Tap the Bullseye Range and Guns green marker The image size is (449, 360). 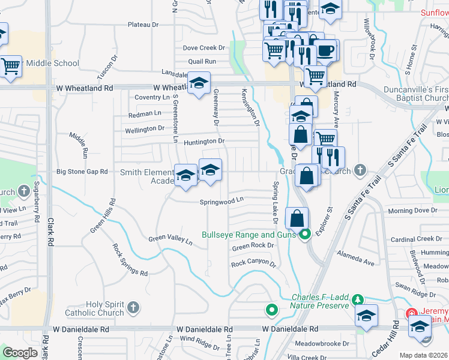tap(304, 235)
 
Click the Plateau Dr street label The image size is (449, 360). tap(142, 25)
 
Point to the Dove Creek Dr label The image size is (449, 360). tap(203, 47)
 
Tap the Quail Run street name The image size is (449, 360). tap(202, 61)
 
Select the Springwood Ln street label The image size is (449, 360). tap(222, 202)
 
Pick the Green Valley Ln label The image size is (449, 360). tap(170, 241)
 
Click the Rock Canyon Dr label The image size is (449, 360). tap(253, 263)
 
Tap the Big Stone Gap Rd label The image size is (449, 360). tap(82, 172)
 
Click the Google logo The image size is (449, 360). tap(20, 353)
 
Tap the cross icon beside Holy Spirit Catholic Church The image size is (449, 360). tap(133, 308)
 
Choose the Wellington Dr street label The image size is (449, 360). tap(144, 128)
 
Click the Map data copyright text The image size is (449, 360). tap(424, 355)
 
